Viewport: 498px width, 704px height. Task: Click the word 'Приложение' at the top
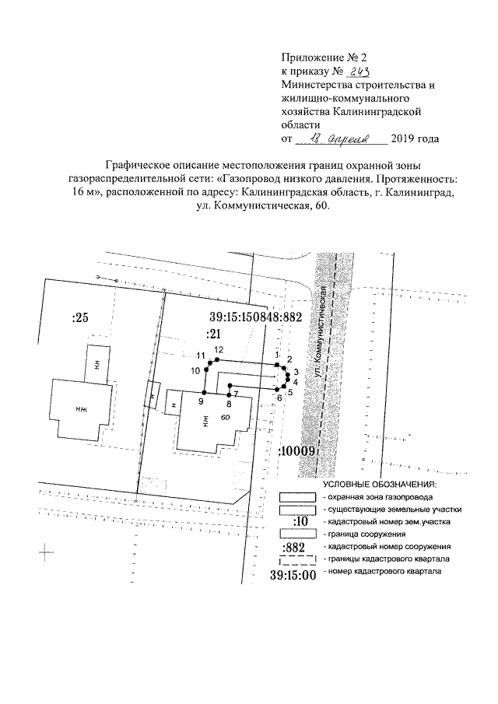click(x=310, y=58)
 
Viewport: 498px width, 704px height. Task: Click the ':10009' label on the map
click(x=296, y=450)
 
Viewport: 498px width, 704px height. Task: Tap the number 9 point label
click(x=201, y=402)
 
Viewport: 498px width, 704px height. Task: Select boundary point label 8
click(x=229, y=404)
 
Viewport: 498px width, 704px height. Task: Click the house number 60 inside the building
click(x=226, y=418)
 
